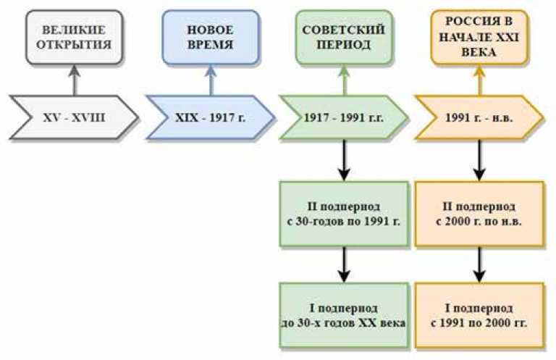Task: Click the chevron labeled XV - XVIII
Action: pos(72,116)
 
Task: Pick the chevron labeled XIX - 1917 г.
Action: pos(209,116)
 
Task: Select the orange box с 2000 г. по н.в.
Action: pos(479,214)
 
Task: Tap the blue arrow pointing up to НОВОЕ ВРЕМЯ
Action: pos(209,81)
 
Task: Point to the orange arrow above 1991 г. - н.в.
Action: pos(479,81)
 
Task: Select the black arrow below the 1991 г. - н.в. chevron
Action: pos(479,159)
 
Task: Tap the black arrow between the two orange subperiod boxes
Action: pos(479,264)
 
